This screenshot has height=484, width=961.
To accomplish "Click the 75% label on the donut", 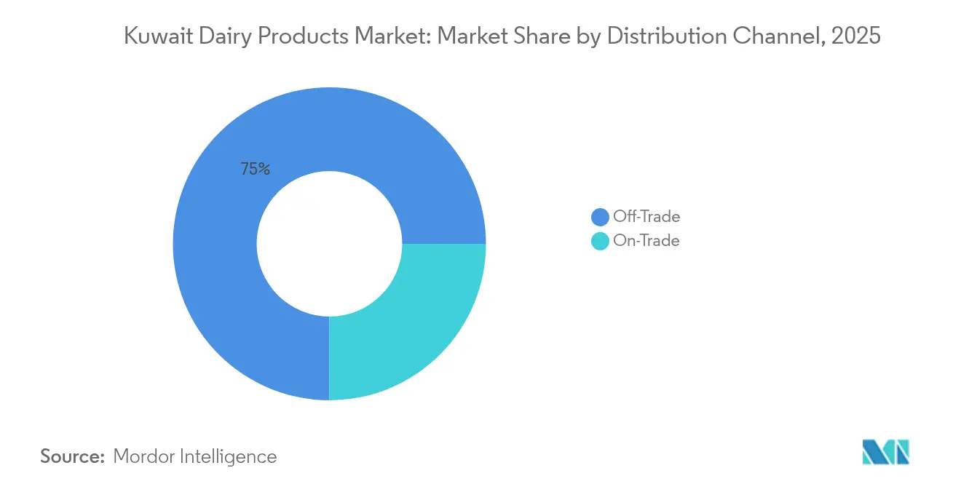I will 255,170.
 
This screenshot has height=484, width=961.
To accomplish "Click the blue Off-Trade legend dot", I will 600,217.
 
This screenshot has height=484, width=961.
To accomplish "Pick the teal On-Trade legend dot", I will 600,241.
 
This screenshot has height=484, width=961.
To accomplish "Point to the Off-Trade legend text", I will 646,217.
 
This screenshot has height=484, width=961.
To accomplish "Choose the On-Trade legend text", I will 646,241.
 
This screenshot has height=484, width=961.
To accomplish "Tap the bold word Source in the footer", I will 73,456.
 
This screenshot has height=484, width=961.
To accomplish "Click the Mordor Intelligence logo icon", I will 885,452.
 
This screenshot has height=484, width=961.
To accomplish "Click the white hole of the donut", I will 329,244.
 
